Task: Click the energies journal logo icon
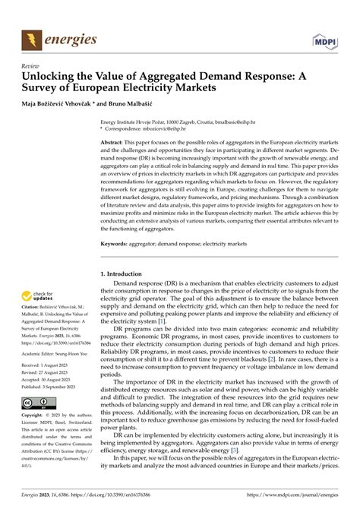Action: [x=33, y=38]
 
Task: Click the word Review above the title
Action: [x=33, y=66]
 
